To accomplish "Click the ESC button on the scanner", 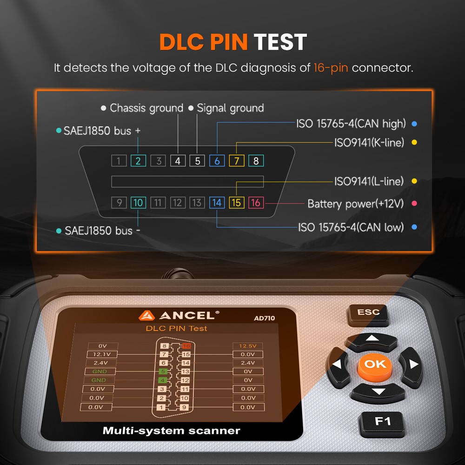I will (368, 312).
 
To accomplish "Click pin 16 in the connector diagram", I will (255, 203).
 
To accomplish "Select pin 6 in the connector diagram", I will (217, 161).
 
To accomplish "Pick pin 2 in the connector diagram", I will (138, 161).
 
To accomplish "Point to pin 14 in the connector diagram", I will (217, 203).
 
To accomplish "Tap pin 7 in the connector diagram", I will (236, 161).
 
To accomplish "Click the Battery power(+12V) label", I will (356, 204).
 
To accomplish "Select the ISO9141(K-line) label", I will (369, 142).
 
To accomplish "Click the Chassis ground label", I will (146, 108).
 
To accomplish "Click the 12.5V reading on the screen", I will (247, 346).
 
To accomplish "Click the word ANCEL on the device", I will (187, 315).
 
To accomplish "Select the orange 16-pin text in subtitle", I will (330, 68).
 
